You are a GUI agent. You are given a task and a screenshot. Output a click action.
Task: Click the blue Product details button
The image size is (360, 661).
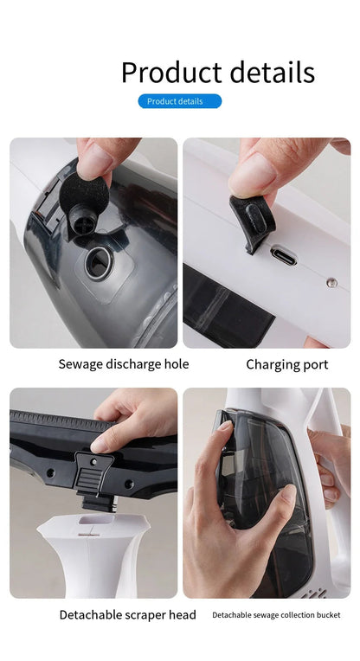pyautogui.click(x=179, y=101)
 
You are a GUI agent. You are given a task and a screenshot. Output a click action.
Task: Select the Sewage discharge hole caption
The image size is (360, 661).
pyautogui.click(x=123, y=364)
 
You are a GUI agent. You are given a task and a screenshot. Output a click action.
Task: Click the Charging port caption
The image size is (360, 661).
pyautogui.click(x=286, y=364)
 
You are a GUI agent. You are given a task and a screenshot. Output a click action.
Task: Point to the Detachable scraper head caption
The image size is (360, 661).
pyautogui.click(x=127, y=615)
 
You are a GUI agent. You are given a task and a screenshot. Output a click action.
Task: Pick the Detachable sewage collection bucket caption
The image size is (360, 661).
pyautogui.click(x=276, y=615)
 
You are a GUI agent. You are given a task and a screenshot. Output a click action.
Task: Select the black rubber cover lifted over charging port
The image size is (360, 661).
pyautogui.click(x=252, y=218)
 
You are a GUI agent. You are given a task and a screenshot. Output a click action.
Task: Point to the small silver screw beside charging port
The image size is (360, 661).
pyautogui.click(x=330, y=282)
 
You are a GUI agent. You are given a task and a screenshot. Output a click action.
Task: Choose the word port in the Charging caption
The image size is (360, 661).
pyautogui.click(x=312, y=364)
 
